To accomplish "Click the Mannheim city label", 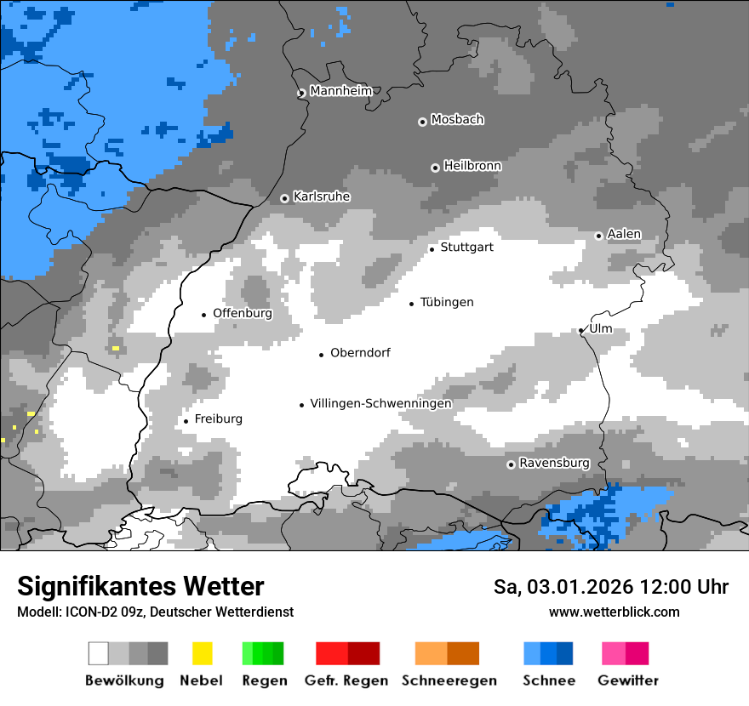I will point(340,91).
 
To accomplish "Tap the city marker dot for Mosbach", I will point(422,122).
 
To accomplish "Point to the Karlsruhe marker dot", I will point(285,198).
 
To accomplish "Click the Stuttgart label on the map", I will point(466,248).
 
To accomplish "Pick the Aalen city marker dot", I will point(598,236).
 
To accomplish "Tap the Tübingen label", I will point(447,302).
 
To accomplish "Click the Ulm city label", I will point(600,328).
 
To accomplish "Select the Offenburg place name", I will point(243,313).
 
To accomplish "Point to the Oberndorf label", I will point(360,352).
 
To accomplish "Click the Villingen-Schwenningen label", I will point(380,403).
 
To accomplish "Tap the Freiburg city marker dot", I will point(186,421).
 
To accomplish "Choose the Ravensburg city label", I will point(554,463).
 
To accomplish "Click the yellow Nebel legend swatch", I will point(202,653).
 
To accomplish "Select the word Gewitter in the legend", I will point(627,680).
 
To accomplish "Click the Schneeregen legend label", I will point(449,680).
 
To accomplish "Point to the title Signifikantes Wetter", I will point(140,586).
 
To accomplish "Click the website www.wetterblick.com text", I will point(614,612).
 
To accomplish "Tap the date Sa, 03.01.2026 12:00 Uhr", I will point(610,587).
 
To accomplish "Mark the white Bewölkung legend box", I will point(99,653).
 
